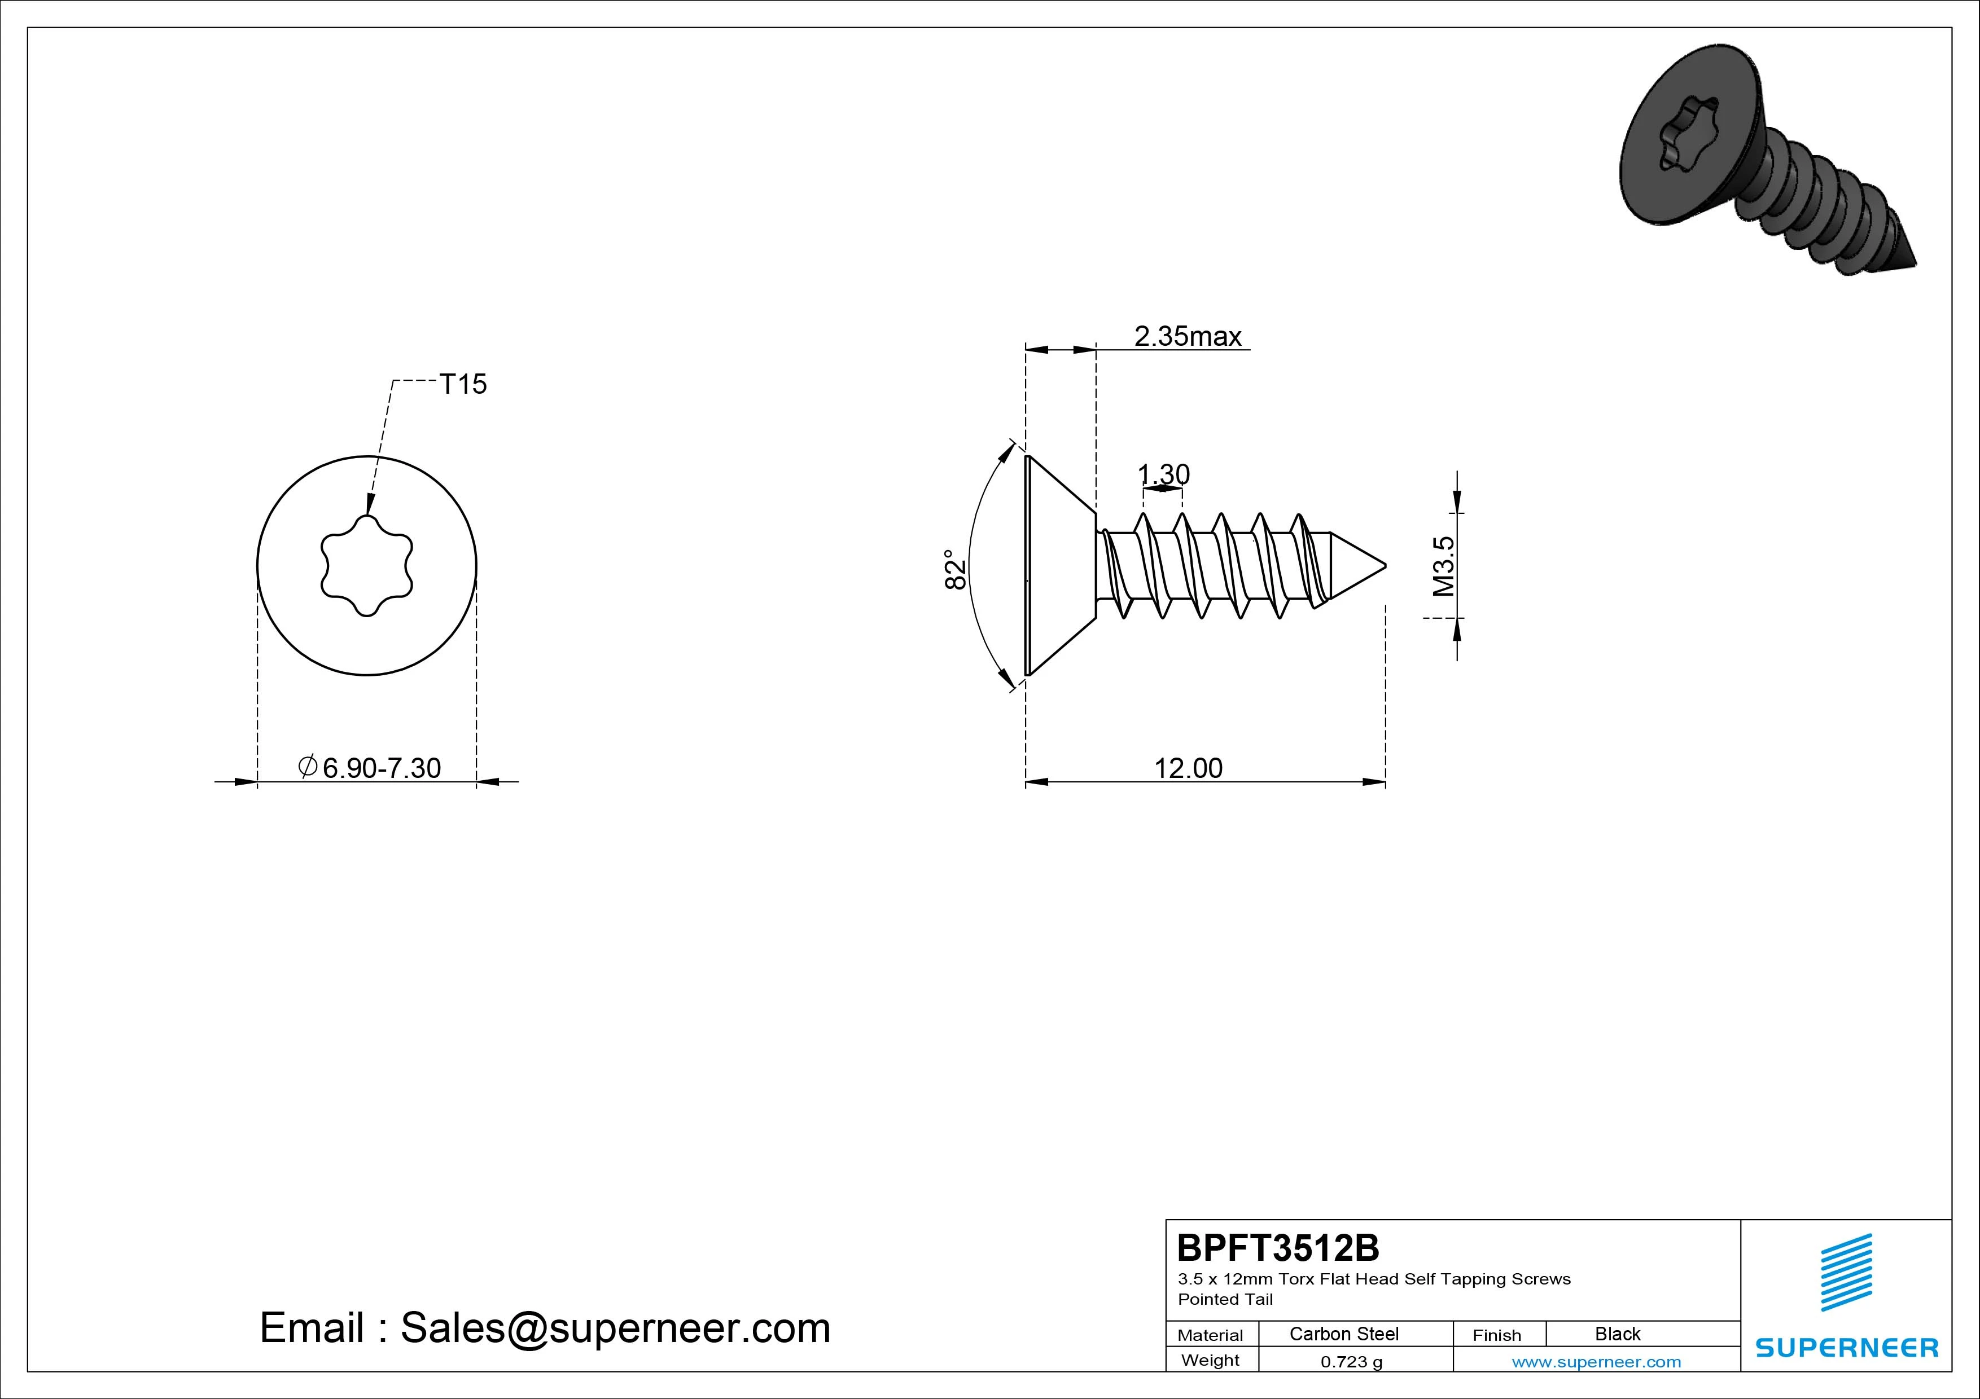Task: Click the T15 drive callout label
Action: (x=463, y=385)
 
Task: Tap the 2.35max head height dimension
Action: (x=1188, y=336)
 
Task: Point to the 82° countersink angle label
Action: (x=954, y=569)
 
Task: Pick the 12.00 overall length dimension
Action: (x=1188, y=768)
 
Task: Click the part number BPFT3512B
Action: (x=1278, y=1247)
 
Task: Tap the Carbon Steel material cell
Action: (x=1343, y=1334)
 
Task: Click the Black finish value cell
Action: (x=1618, y=1334)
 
